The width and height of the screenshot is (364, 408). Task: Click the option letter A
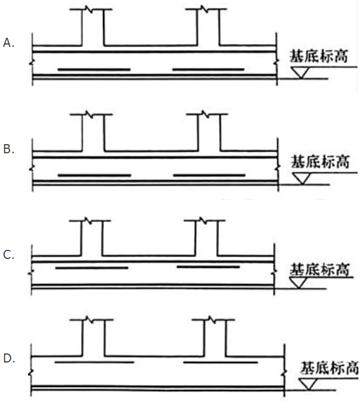(8, 43)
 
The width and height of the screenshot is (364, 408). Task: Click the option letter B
(8, 149)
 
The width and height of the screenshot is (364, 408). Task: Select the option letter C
(8, 255)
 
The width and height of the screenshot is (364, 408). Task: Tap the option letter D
(9, 358)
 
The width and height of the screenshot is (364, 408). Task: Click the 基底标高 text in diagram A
(318, 56)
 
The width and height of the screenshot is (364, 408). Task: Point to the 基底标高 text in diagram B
(320, 162)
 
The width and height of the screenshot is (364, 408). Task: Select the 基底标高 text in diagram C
(319, 269)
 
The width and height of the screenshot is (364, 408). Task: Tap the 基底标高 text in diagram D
(330, 367)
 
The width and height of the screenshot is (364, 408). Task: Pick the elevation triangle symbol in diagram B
(302, 178)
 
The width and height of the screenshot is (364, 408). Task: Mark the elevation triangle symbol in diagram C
(298, 283)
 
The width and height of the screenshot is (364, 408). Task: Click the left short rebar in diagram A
(94, 69)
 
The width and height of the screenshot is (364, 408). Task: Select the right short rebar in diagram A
(209, 69)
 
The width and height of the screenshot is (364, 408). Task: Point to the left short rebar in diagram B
(94, 176)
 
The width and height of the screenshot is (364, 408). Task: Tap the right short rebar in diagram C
(208, 267)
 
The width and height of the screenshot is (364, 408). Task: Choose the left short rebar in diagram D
(94, 362)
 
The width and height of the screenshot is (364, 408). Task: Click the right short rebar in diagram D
(220, 362)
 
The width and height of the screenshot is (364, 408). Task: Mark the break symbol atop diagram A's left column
(89, 9)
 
